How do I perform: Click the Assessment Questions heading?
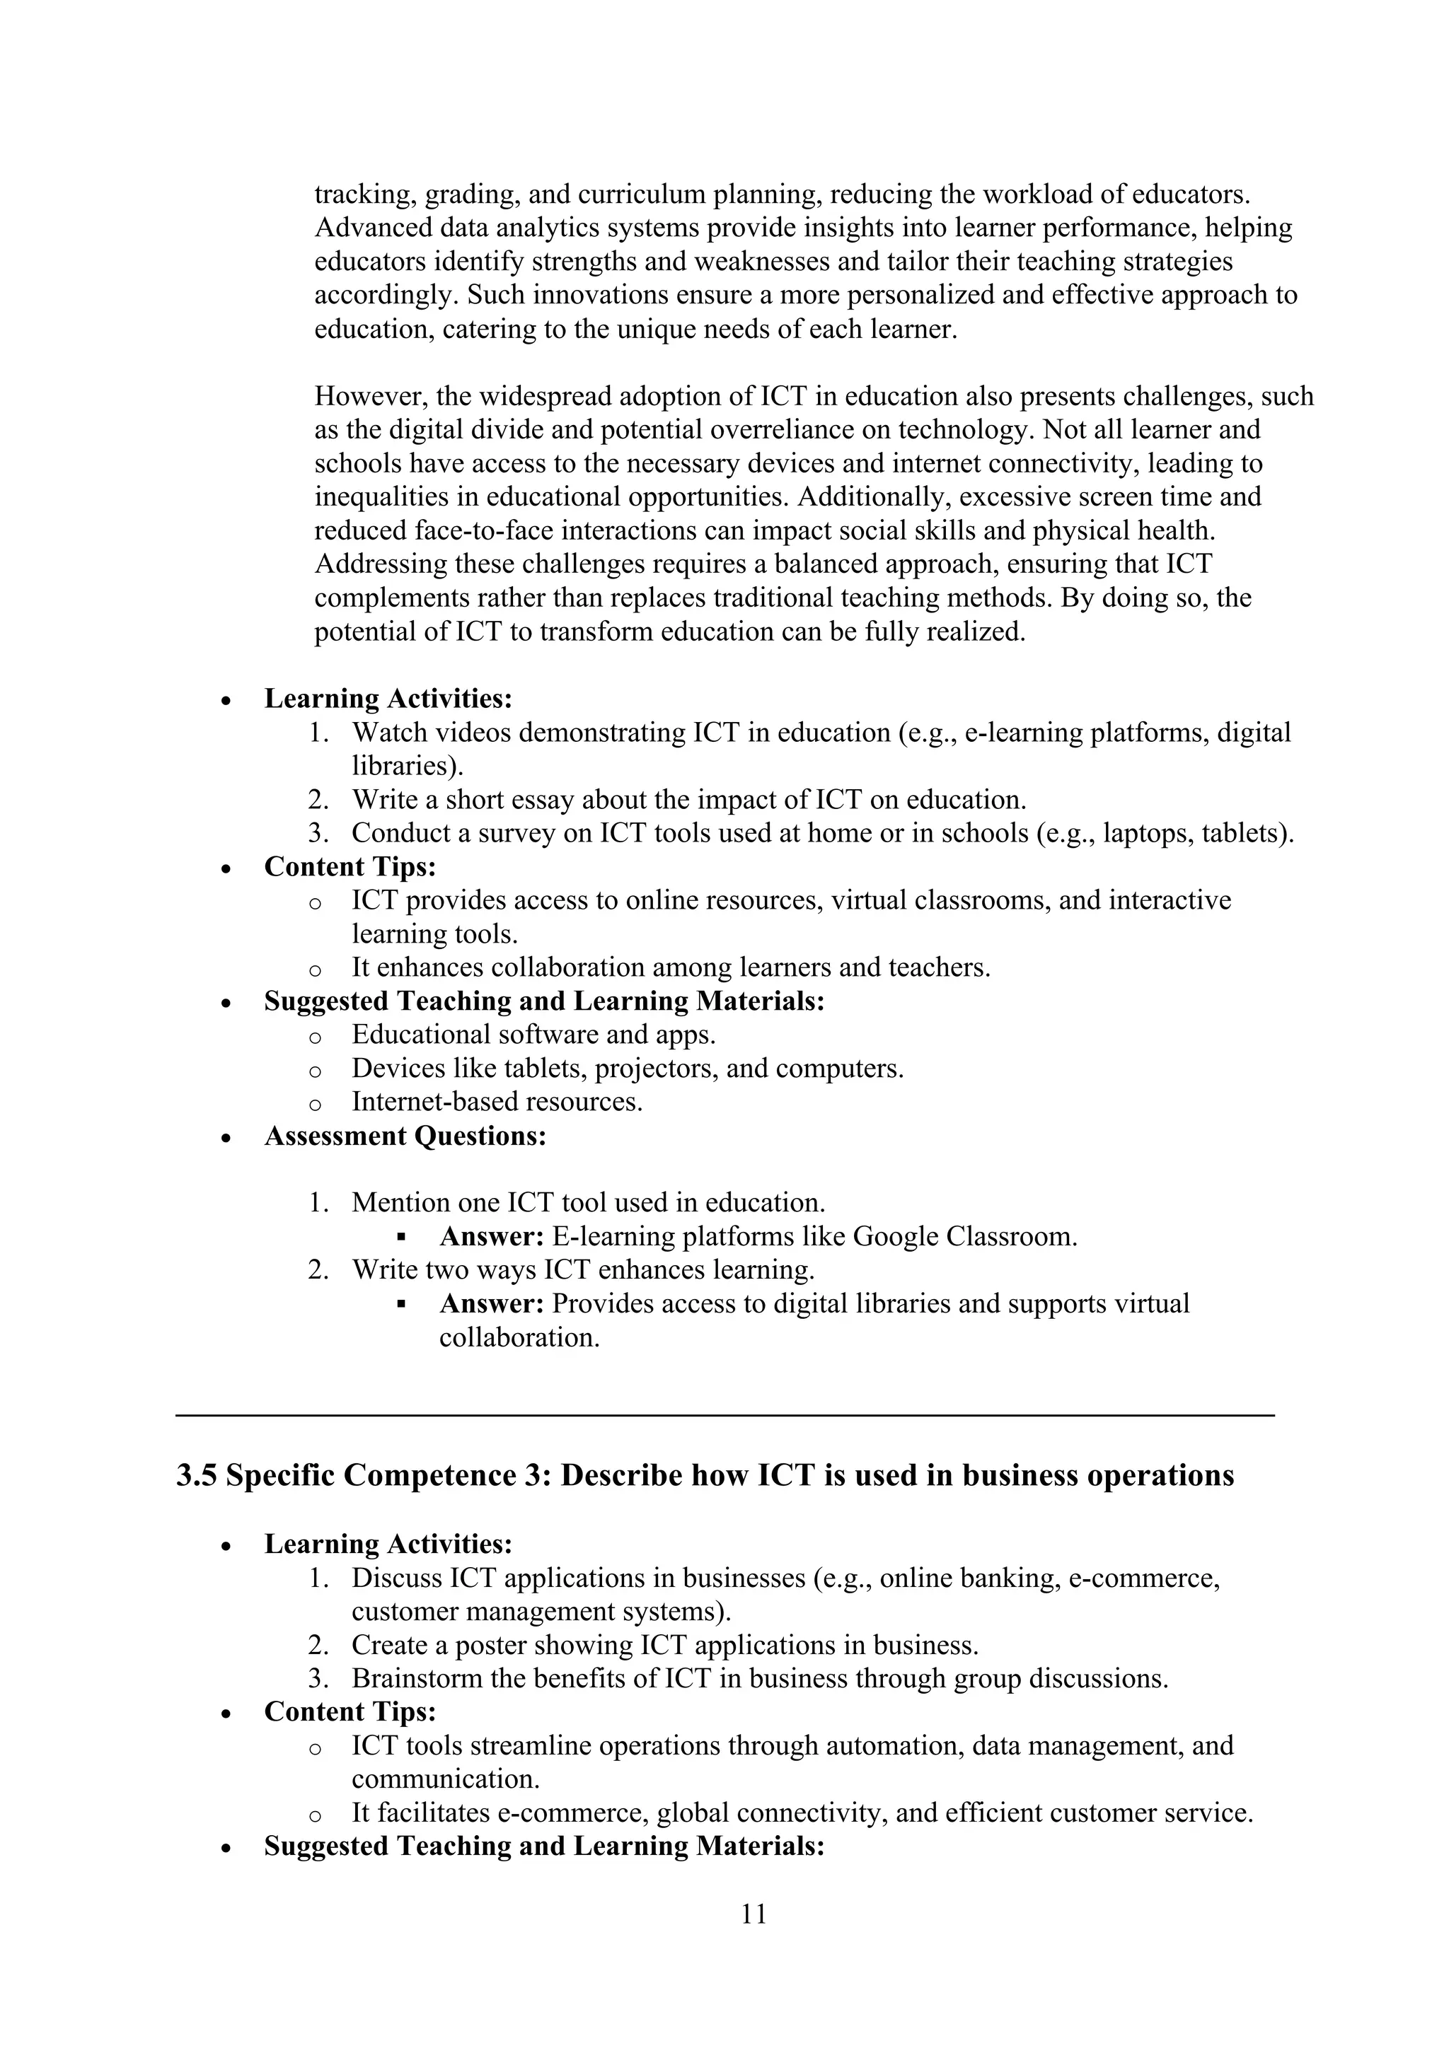point(405,1136)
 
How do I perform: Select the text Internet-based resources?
point(497,1102)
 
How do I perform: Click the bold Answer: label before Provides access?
point(491,1304)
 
